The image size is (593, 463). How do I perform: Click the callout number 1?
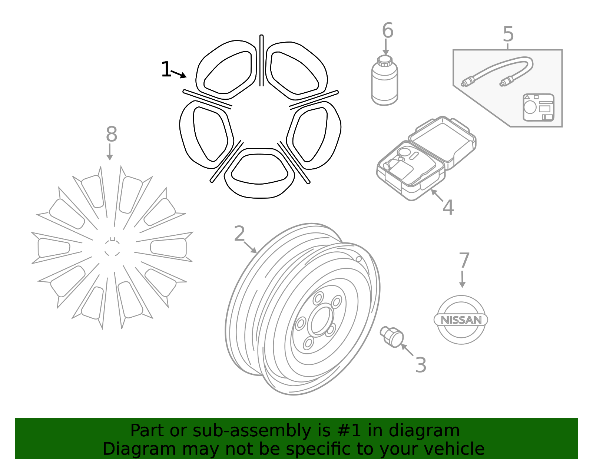click(166, 69)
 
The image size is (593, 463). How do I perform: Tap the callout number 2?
click(239, 234)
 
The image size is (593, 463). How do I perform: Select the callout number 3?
click(421, 365)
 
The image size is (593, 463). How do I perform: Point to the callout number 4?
click(448, 207)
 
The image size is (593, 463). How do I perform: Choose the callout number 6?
click(388, 30)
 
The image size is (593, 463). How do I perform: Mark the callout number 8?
click(111, 134)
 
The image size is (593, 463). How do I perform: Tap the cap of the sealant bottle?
click(385, 60)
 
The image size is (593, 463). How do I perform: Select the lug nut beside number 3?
click(392, 337)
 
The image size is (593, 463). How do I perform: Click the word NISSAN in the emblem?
click(461, 320)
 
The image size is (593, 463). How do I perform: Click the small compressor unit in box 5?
click(539, 107)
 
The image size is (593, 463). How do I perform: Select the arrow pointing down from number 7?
click(462, 279)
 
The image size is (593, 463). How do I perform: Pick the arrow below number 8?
click(109, 152)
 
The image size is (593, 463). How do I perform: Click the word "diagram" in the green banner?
click(424, 430)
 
